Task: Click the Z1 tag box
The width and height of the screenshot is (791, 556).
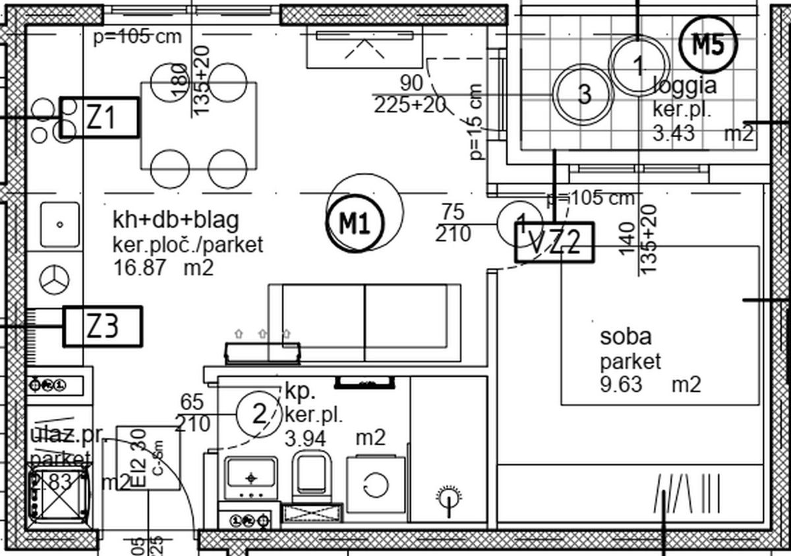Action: [100, 117]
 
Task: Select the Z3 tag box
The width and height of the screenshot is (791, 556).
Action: [103, 326]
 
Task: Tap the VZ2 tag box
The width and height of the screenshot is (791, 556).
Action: [554, 242]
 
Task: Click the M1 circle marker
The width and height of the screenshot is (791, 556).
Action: [354, 224]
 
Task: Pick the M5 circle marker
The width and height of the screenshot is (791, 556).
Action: [708, 45]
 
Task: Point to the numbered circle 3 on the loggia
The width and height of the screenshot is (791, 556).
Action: [583, 94]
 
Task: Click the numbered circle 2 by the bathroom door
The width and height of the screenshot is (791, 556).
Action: [259, 414]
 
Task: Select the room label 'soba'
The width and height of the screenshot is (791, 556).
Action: [626, 336]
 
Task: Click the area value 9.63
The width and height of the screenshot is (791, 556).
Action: [620, 384]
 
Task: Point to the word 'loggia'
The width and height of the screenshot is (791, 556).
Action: [684, 86]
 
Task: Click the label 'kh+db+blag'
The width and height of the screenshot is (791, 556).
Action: [175, 220]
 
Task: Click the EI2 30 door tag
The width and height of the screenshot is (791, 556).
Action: [148, 458]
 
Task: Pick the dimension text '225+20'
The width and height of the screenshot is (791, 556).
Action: [410, 105]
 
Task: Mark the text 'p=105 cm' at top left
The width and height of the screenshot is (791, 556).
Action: [137, 36]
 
